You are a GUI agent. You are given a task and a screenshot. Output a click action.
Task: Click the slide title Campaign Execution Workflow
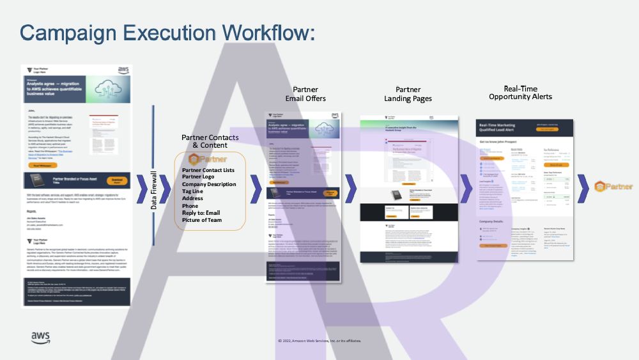pyautogui.click(x=167, y=33)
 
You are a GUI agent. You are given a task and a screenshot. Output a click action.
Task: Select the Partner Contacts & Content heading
pyautogui.click(x=210, y=141)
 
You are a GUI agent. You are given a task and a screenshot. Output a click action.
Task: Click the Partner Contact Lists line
pyautogui.click(x=208, y=170)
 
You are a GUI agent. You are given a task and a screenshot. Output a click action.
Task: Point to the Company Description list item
pyautogui.click(x=209, y=184)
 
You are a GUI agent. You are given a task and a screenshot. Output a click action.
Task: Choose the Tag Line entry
pyautogui.click(x=192, y=191)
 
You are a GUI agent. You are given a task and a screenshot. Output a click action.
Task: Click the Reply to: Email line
pyautogui.click(x=201, y=213)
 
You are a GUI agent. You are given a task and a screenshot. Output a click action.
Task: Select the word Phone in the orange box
pyautogui.click(x=190, y=206)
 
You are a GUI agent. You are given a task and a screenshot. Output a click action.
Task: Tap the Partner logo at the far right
pyautogui.click(x=613, y=187)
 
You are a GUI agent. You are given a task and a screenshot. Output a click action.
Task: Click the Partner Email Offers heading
pyautogui.click(x=305, y=94)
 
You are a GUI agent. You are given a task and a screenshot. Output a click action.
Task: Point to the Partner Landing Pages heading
pyautogui.click(x=408, y=94)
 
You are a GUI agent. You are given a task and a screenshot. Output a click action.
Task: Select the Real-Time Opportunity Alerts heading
pyautogui.click(x=520, y=93)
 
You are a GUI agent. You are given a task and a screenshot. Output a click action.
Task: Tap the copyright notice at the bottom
pyautogui.click(x=319, y=341)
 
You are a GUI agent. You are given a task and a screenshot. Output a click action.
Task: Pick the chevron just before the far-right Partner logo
pyautogui.click(x=584, y=187)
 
